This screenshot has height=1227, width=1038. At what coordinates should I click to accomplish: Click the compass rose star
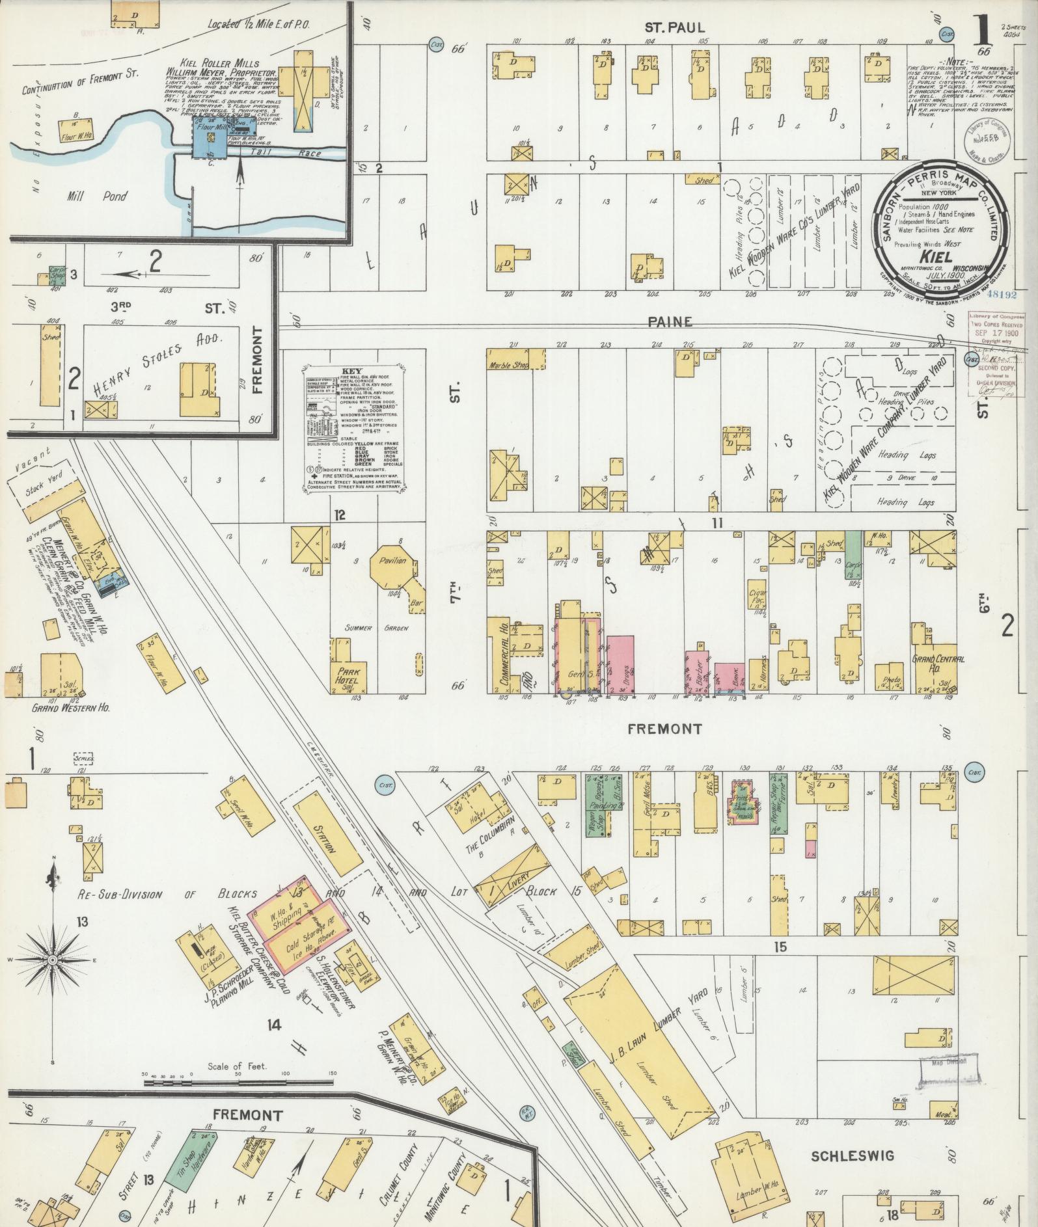point(51,961)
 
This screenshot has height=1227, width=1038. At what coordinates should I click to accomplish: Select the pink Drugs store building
point(621,664)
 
